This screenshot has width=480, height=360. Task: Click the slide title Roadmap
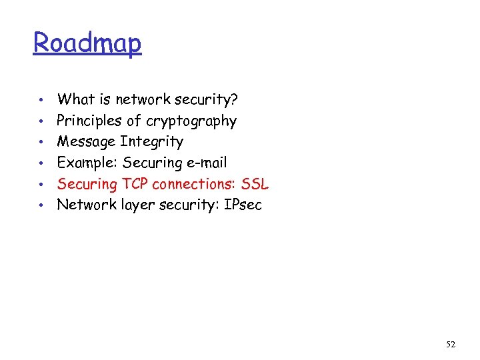87,43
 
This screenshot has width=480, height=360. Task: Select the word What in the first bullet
75,99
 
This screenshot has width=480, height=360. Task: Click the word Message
86,142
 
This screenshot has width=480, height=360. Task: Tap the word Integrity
151,142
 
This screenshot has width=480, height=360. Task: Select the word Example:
87,163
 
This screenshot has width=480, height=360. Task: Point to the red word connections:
194,184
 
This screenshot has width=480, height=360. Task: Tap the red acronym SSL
255,184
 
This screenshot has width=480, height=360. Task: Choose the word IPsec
243,205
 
